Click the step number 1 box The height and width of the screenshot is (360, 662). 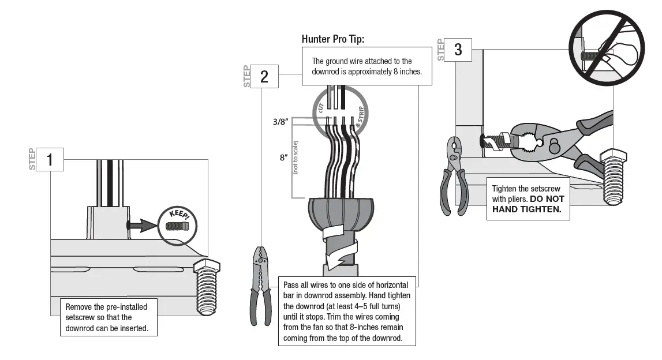click(x=50, y=159)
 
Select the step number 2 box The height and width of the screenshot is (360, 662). click(x=264, y=76)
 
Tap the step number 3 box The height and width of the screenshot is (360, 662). click(x=458, y=50)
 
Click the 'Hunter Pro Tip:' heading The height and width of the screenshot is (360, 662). click(x=333, y=39)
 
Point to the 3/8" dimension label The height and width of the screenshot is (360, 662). click(x=280, y=122)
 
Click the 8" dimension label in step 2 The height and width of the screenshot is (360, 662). click(x=283, y=157)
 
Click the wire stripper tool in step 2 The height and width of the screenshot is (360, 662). click(x=261, y=283)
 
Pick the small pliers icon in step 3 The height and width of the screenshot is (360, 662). click(x=454, y=176)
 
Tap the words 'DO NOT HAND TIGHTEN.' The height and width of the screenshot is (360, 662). click(x=528, y=204)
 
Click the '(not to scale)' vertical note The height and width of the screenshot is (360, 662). click(x=296, y=157)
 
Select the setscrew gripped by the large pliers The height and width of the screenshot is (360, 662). click(x=496, y=141)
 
